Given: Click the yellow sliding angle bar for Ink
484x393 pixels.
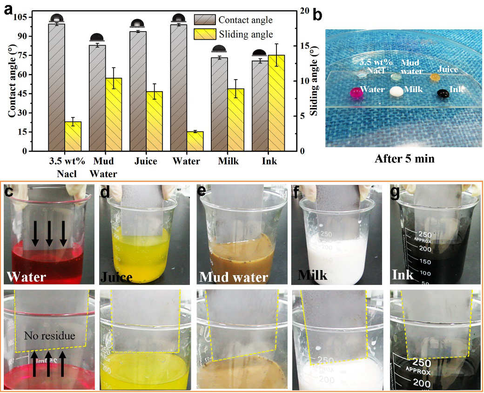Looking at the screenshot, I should click(x=276, y=103).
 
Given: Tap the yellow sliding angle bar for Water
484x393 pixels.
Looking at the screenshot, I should click(x=195, y=141).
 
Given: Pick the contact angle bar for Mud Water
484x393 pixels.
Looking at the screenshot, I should click(x=97, y=98).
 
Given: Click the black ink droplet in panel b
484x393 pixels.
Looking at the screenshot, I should click(x=443, y=94).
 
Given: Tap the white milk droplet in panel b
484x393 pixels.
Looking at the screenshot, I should click(x=397, y=92).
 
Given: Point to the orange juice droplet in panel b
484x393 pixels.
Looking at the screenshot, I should click(x=435, y=76).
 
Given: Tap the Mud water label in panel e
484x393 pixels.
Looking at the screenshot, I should click(x=234, y=277).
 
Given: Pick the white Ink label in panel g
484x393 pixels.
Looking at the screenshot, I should click(x=403, y=275).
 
